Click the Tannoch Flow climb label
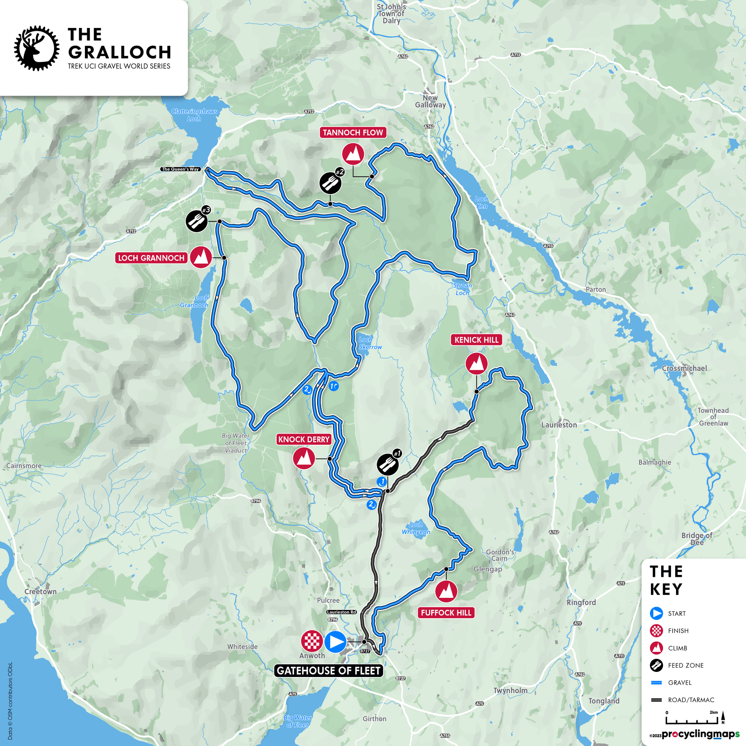353,132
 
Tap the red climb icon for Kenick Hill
477,363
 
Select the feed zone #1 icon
387,464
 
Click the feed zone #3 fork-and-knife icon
197,221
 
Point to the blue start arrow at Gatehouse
335,642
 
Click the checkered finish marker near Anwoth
311,641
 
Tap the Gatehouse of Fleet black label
329,670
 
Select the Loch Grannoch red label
151,258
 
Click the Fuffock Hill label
446,613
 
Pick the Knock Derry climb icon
304,458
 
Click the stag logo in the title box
36,48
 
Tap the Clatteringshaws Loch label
194,115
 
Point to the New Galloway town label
430,101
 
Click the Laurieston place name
559,425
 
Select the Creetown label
41,592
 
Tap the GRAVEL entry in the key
679,683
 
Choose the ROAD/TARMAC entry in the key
691,700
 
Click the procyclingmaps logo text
700,734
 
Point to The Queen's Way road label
180,169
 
